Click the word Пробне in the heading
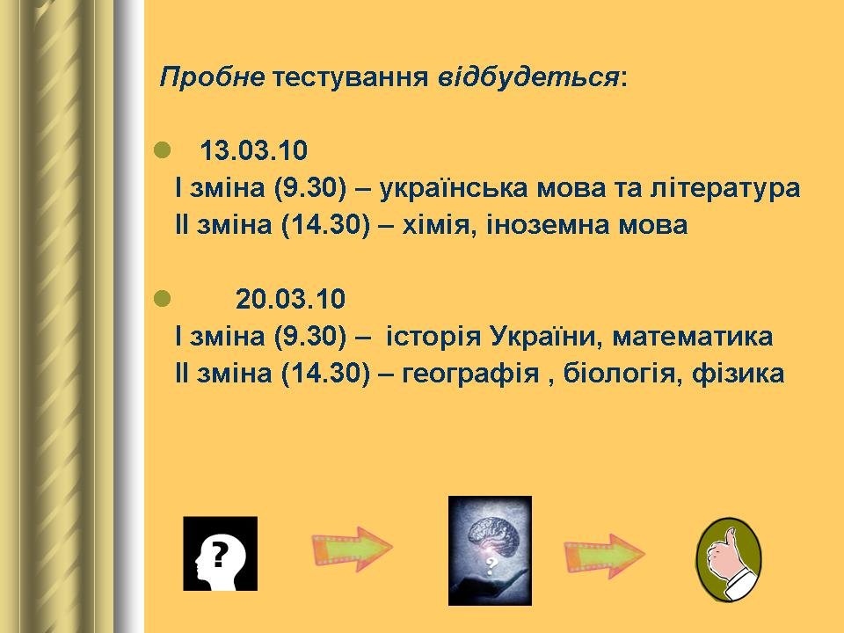tap(212, 77)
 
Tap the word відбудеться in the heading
tap(528, 77)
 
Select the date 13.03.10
tap(253, 150)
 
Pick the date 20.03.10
tap(290, 299)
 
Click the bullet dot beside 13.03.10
tap(162, 150)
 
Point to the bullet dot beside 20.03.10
tap(162, 299)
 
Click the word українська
tap(454, 188)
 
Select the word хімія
tap(440, 224)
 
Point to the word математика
tap(693, 337)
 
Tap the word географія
tap(470, 374)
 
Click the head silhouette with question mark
tap(220, 554)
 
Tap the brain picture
tap(490, 550)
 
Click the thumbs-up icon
tap(729, 559)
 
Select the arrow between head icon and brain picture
tap(352, 549)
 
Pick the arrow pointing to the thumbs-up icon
tap(605, 556)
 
